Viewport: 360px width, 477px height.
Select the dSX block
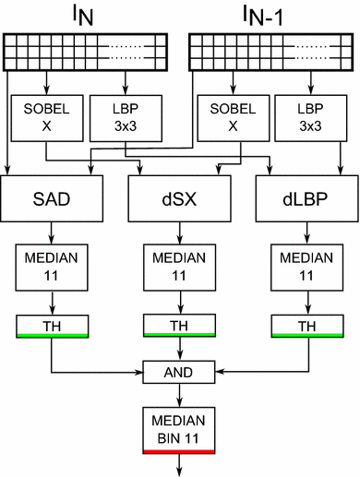point(179,199)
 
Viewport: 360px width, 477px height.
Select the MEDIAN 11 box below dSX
point(179,267)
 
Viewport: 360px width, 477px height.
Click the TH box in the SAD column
point(52,325)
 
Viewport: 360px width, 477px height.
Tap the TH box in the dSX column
point(179,325)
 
